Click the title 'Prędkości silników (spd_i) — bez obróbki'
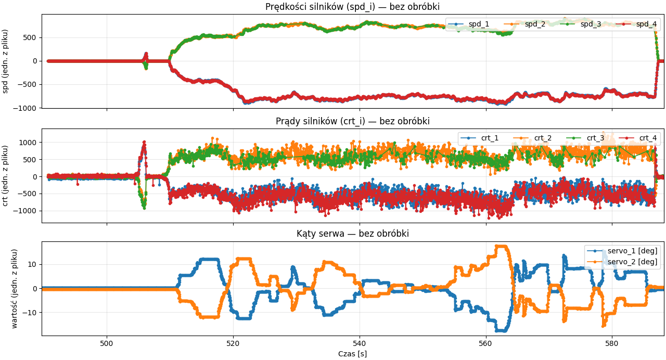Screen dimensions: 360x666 [x=352, y=7]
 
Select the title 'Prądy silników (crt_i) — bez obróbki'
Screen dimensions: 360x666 [x=352, y=121]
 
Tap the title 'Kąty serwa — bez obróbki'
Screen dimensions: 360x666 [x=352, y=234]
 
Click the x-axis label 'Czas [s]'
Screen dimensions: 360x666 [x=352, y=354]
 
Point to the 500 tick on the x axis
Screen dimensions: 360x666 [x=107, y=343]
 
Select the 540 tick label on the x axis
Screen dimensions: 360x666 [x=360, y=343]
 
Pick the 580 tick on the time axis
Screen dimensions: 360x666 [x=612, y=343]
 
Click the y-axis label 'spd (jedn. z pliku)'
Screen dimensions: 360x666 [x=6, y=61]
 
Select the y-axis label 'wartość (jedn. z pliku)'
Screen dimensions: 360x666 [x=15, y=288]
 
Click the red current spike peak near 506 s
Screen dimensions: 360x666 [x=144, y=142]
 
